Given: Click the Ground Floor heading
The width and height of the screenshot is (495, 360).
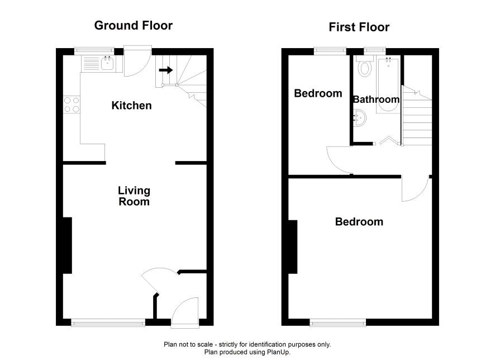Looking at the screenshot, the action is [133, 26].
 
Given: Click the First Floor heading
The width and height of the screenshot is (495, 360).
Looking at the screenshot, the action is [359, 27].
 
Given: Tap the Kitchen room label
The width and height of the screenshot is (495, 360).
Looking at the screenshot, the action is [131, 106].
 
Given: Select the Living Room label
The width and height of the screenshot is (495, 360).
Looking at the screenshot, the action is [134, 196].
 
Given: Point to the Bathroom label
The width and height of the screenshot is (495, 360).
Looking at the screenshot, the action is [376, 100].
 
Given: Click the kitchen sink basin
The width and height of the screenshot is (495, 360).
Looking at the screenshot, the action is [108, 64].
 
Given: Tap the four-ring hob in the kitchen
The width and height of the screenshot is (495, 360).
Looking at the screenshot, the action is [72, 105].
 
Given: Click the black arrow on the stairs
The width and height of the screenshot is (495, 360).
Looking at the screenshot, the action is [166, 70].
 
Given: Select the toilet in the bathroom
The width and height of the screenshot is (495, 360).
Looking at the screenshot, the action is [365, 66].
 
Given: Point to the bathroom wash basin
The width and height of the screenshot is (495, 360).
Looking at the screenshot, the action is [360, 117].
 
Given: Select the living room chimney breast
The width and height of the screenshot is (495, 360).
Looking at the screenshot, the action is [68, 245].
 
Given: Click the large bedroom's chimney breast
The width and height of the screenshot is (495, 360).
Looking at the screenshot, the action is [293, 247].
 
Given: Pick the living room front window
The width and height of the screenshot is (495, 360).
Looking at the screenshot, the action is [108, 322].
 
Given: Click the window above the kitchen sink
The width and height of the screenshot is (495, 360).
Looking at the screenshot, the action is [94, 51].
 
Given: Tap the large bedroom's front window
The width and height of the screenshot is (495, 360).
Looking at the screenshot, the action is [338, 322].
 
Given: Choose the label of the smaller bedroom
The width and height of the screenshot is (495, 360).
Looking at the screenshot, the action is [318, 93].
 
